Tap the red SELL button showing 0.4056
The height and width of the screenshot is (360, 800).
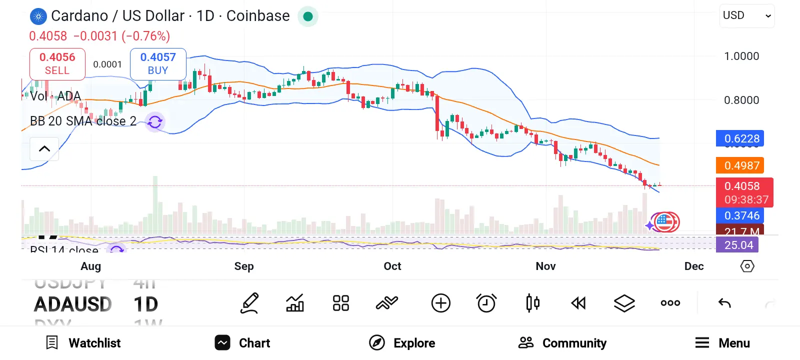pos(57,64)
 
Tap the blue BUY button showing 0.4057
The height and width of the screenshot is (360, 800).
pos(158,64)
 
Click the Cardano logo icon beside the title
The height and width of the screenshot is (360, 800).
pos(38,16)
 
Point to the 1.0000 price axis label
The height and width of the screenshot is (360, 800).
pos(741,56)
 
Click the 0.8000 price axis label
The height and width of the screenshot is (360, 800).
pos(741,100)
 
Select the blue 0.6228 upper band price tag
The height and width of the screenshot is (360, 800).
pos(740,138)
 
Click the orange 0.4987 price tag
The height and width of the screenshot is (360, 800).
pos(740,165)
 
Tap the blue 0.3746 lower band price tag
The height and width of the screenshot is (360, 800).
pos(740,215)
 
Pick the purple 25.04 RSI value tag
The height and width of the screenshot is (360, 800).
pos(737,245)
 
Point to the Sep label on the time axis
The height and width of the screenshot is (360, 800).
pos(244,266)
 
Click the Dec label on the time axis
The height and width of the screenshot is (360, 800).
pos(694,266)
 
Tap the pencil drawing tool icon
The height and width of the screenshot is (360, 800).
pos(249,303)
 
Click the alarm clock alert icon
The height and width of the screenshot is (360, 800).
pos(486,303)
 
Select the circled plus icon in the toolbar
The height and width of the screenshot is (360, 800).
pos(441,303)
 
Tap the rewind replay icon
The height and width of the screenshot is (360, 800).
pos(578,303)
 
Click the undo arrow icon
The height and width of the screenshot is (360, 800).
pos(724,303)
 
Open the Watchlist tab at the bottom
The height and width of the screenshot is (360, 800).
pos(83,343)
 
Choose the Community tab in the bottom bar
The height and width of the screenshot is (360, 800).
pos(562,343)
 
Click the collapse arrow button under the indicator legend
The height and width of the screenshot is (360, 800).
pos(44,149)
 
